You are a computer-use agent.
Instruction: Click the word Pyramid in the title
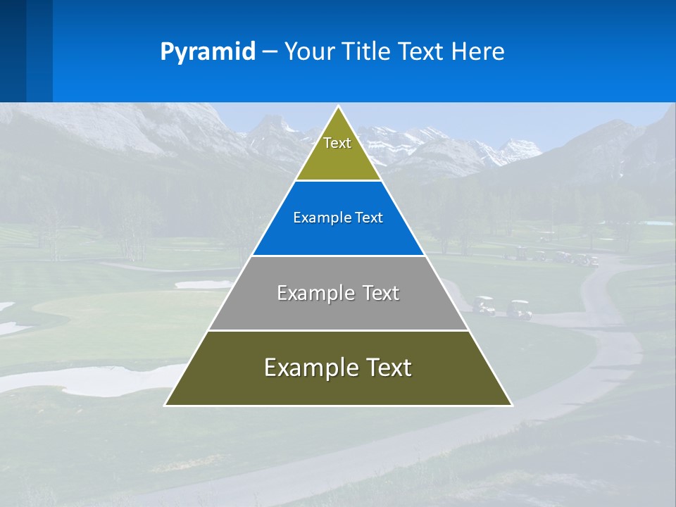click(x=208, y=52)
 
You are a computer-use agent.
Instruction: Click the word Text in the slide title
click(x=422, y=52)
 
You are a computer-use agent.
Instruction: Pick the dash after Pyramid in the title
click(x=270, y=52)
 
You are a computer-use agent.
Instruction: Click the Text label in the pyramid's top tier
click(x=337, y=143)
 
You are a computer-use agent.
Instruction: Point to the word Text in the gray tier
click(x=381, y=293)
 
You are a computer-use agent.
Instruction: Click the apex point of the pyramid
click(x=339, y=107)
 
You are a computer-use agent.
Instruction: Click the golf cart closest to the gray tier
click(x=484, y=305)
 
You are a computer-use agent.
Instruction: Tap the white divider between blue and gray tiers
click(x=339, y=256)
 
